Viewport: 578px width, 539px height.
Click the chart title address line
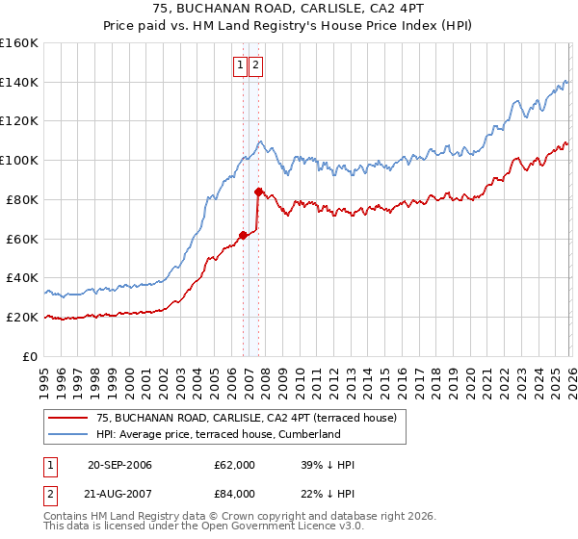289,9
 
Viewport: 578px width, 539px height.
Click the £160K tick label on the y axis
19,43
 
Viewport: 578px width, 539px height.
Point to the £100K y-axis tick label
19,160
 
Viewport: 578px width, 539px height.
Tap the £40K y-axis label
22,278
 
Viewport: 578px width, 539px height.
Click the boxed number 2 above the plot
256,65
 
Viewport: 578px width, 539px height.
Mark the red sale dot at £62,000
243,234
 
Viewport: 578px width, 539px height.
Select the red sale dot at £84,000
258,192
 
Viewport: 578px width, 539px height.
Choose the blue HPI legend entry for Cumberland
218,434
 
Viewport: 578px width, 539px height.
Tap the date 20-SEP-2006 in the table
119,465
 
